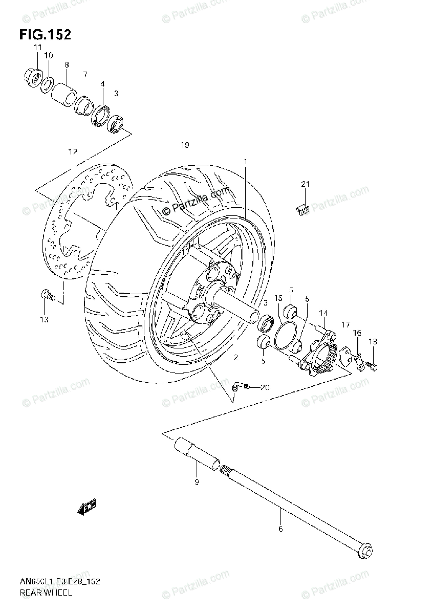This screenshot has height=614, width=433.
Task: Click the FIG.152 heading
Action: click(x=45, y=34)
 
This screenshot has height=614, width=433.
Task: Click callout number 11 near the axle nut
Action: click(x=37, y=48)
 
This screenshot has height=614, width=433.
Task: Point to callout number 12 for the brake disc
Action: click(x=72, y=151)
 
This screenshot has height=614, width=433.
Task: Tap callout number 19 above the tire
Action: click(x=185, y=145)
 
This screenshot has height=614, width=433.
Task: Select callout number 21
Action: click(x=306, y=184)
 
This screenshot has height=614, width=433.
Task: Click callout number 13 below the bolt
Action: click(x=44, y=320)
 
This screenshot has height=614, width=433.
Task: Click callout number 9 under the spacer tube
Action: click(x=197, y=482)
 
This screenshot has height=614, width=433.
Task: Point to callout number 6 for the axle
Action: click(x=280, y=529)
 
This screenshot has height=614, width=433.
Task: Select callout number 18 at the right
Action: click(x=373, y=341)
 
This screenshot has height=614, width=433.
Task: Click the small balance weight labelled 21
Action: click(x=303, y=208)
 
